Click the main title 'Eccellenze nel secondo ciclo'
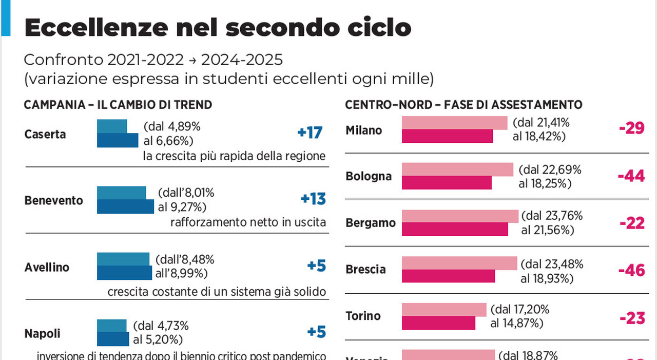click(x=218, y=28)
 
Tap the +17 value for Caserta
click(x=310, y=133)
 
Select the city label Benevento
click(x=53, y=200)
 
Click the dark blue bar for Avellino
click(x=124, y=273)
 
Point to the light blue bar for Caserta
click(x=112, y=126)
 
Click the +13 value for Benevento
click(x=313, y=199)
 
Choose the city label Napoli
click(x=42, y=333)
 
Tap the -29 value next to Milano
click(x=631, y=128)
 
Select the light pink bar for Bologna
click(x=457, y=169)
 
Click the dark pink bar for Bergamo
click(x=454, y=229)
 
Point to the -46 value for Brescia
click(x=631, y=270)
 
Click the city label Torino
click(x=363, y=315)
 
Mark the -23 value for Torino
click(x=632, y=318)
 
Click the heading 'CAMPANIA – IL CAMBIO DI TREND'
click(x=118, y=105)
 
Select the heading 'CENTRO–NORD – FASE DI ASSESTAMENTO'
click(x=463, y=105)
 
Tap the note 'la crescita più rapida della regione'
click(x=234, y=156)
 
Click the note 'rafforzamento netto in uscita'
click(x=248, y=222)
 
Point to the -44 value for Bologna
click(x=631, y=176)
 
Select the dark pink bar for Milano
click(x=447, y=136)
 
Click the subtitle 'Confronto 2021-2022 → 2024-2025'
click(x=153, y=60)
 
